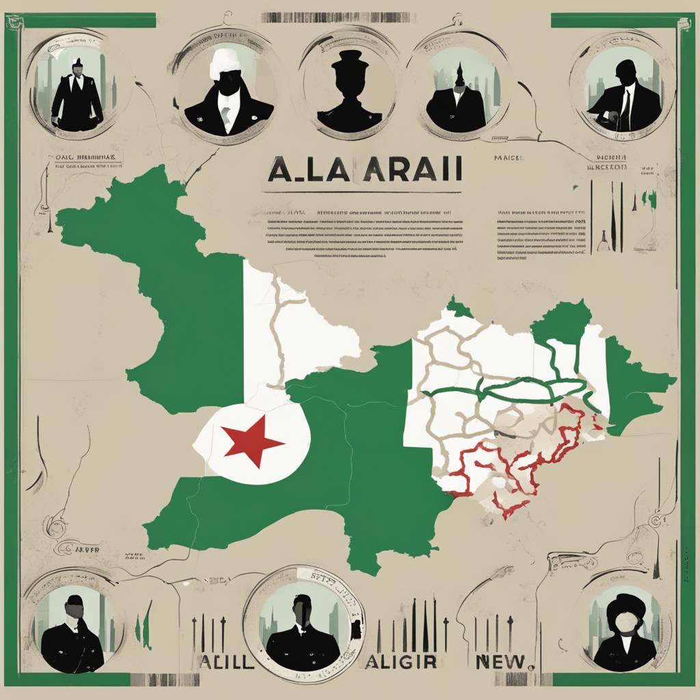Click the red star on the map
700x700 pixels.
[x=252, y=441]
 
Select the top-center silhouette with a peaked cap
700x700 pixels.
[x=350, y=92]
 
